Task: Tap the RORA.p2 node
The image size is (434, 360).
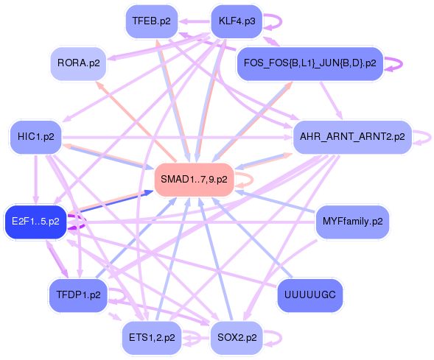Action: pos(78,63)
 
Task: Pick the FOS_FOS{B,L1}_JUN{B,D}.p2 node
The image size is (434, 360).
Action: pos(309,63)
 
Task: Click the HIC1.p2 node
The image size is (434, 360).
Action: pos(35,136)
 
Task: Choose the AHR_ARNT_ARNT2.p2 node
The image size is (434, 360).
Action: pos(351,136)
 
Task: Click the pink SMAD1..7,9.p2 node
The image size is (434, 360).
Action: pos(194,179)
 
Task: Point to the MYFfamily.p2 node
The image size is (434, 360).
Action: pos(352,221)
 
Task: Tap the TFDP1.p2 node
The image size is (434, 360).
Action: pos(78,294)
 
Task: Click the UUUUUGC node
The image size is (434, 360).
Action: pos(309,294)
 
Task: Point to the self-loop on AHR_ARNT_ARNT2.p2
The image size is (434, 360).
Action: pos(424,136)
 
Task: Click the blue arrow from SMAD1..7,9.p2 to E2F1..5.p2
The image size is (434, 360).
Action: pos(111,202)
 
